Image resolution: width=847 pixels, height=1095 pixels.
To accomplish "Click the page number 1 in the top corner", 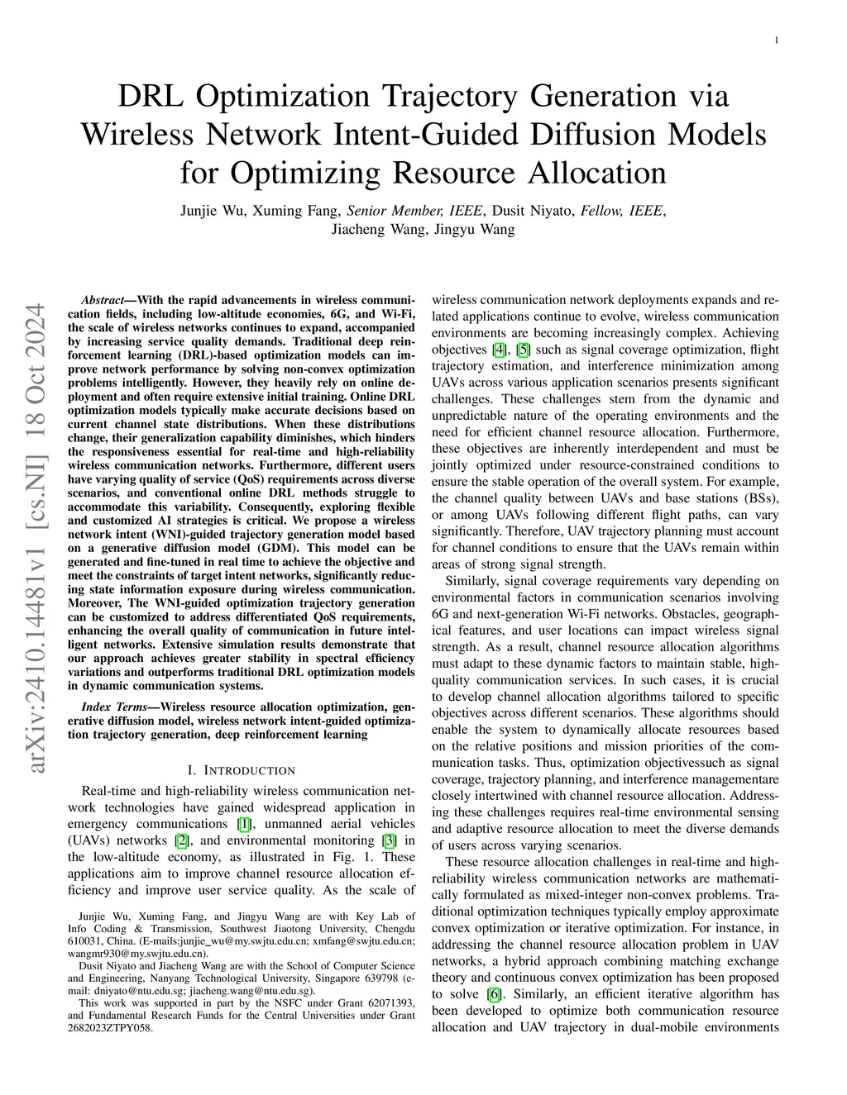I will tap(778, 40).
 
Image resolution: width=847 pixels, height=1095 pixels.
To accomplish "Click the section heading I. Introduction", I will tap(242, 770).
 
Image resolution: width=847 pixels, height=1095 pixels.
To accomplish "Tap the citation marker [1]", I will tap(244, 824).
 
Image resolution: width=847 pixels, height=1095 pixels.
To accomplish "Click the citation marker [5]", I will tap(523, 350).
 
